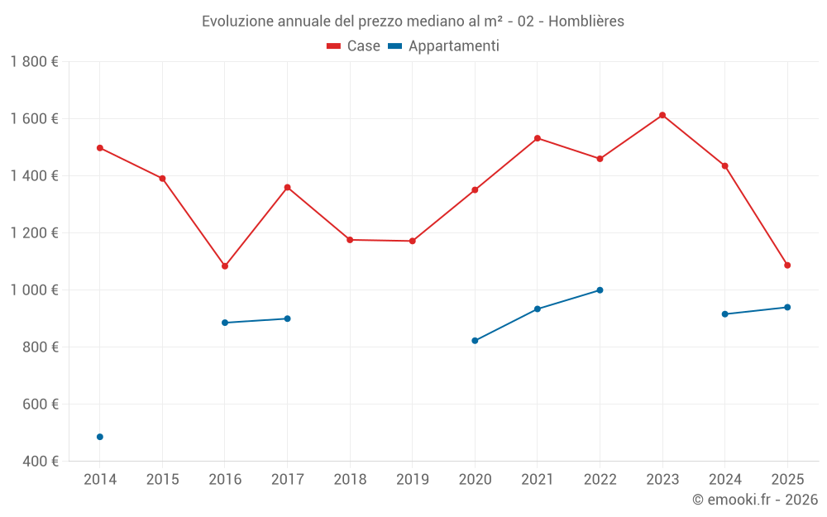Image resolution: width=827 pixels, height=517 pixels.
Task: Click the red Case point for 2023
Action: (662, 115)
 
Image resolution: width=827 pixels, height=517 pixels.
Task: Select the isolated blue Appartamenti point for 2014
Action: (100, 437)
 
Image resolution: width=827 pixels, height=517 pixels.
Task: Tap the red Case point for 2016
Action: (225, 266)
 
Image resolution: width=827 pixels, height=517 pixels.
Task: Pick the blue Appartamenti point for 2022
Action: (600, 290)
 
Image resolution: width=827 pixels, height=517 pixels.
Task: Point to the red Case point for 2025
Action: (787, 266)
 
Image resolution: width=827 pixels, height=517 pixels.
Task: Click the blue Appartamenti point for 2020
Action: (475, 341)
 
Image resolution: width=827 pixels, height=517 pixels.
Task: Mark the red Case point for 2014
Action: (100, 148)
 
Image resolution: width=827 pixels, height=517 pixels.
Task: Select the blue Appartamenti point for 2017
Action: (287, 318)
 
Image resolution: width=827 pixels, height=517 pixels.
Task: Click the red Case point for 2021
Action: (538, 138)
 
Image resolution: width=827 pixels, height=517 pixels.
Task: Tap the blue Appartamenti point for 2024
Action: (725, 314)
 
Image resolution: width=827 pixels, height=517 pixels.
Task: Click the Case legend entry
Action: (354, 46)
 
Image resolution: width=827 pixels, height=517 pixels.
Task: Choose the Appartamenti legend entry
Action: (444, 46)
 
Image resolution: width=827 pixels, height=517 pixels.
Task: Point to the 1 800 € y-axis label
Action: (34, 62)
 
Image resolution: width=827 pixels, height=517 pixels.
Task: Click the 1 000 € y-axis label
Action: (34, 290)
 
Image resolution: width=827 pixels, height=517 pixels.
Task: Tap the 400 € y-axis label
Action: (41, 462)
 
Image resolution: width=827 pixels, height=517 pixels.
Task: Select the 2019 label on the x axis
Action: (412, 480)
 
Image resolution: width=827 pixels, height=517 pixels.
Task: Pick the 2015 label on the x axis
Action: (162, 480)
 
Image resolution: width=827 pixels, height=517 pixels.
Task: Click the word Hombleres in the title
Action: (586, 22)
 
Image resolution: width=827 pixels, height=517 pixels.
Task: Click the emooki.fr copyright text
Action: (754, 500)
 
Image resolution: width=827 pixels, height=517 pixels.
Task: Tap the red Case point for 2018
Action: (350, 240)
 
